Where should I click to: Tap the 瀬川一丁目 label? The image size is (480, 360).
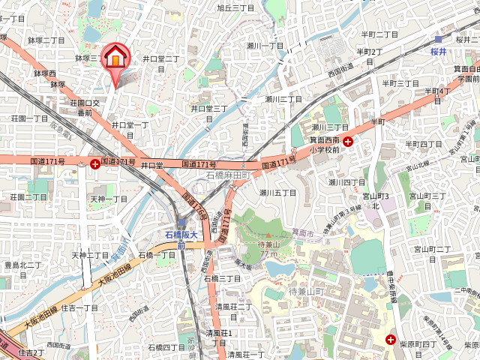(x=265, y=46)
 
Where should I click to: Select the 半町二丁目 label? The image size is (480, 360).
(x=379, y=34)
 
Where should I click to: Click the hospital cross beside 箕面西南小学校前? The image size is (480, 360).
(x=348, y=140)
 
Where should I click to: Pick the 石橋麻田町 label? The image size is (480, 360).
(x=227, y=175)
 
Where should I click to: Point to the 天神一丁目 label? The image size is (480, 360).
(x=109, y=199)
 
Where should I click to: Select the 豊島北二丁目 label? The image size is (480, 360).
(x=23, y=265)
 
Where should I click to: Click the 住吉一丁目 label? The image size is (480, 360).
(x=79, y=307)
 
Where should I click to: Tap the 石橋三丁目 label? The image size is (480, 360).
(x=223, y=278)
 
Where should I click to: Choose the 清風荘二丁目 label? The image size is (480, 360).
(x=233, y=306)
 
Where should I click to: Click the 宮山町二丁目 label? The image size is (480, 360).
(x=432, y=248)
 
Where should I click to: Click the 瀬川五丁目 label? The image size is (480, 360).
(x=278, y=193)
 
